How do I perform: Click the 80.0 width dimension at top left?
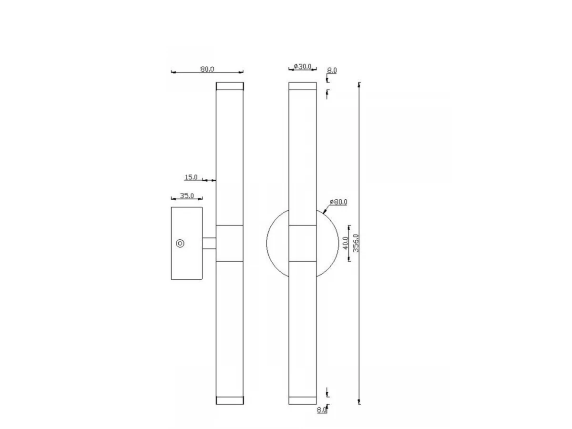207,69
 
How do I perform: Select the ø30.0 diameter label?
302,67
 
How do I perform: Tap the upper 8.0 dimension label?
332,71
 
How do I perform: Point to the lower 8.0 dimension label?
322,410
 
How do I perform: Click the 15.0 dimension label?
191,177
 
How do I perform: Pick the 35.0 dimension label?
187,195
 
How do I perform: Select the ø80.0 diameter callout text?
338,202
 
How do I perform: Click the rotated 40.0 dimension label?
346,243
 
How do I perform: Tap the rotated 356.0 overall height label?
356,243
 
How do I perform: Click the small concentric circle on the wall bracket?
180,244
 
